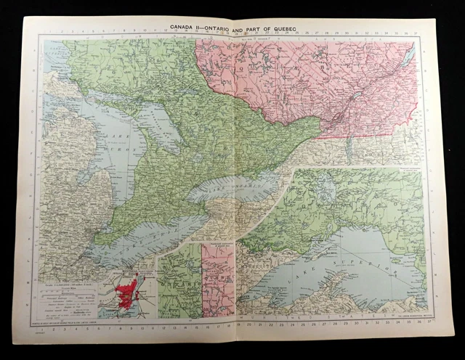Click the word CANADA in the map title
coord(183,28)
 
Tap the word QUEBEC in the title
coord(288,28)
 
